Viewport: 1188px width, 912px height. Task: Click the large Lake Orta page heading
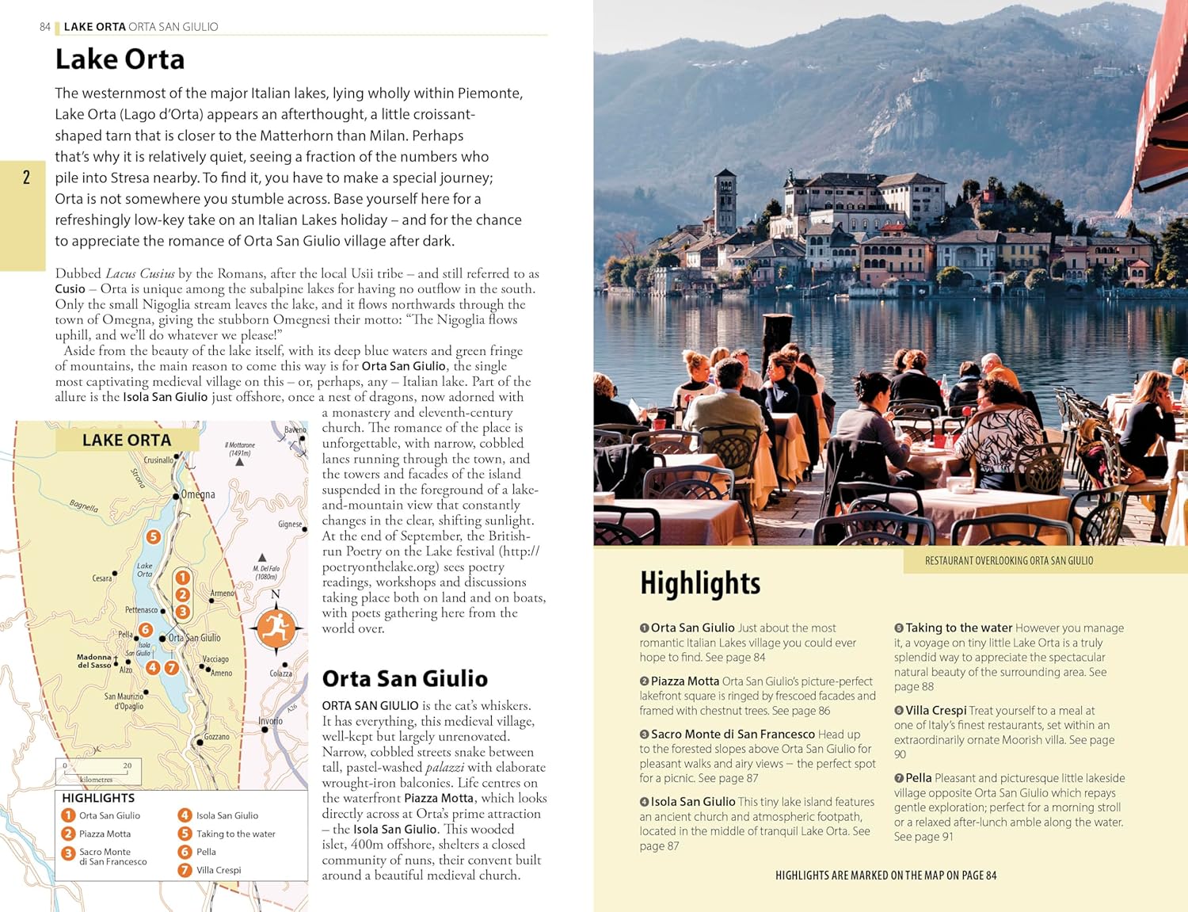pyautogui.click(x=120, y=59)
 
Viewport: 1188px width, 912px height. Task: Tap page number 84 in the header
pyautogui.click(x=45, y=27)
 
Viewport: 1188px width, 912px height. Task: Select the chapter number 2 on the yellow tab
pyautogui.click(x=26, y=177)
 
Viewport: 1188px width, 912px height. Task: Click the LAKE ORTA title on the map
pyautogui.click(x=127, y=441)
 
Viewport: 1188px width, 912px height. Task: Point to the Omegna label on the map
pyautogui.click(x=198, y=494)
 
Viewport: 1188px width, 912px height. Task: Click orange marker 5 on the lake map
pyautogui.click(x=154, y=536)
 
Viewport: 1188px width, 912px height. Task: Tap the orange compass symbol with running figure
pyautogui.click(x=276, y=628)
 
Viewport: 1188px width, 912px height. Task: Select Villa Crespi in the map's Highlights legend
pyautogui.click(x=218, y=870)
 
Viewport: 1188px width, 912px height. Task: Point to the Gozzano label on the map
pyautogui.click(x=216, y=737)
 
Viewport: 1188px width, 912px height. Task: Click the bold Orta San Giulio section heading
pyautogui.click(x=405, y=679)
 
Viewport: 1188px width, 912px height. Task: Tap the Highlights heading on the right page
pyautogui.click(x=700, y=583)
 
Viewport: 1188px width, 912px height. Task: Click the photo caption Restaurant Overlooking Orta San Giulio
pyautogui.click(x=1009, y=561)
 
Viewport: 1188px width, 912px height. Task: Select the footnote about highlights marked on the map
pyautogui.click(x=885, y=876)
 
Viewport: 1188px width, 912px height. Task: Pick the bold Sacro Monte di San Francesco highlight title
pyautogui.click(x=733, y=735)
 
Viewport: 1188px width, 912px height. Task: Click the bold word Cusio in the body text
pyautogui.click(x=70, y=289)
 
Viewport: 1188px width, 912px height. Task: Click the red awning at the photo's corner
pyautogui.click(x=1160, y=119)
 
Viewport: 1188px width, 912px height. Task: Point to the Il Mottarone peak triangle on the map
pyautogui.click(x=239, y=461)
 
